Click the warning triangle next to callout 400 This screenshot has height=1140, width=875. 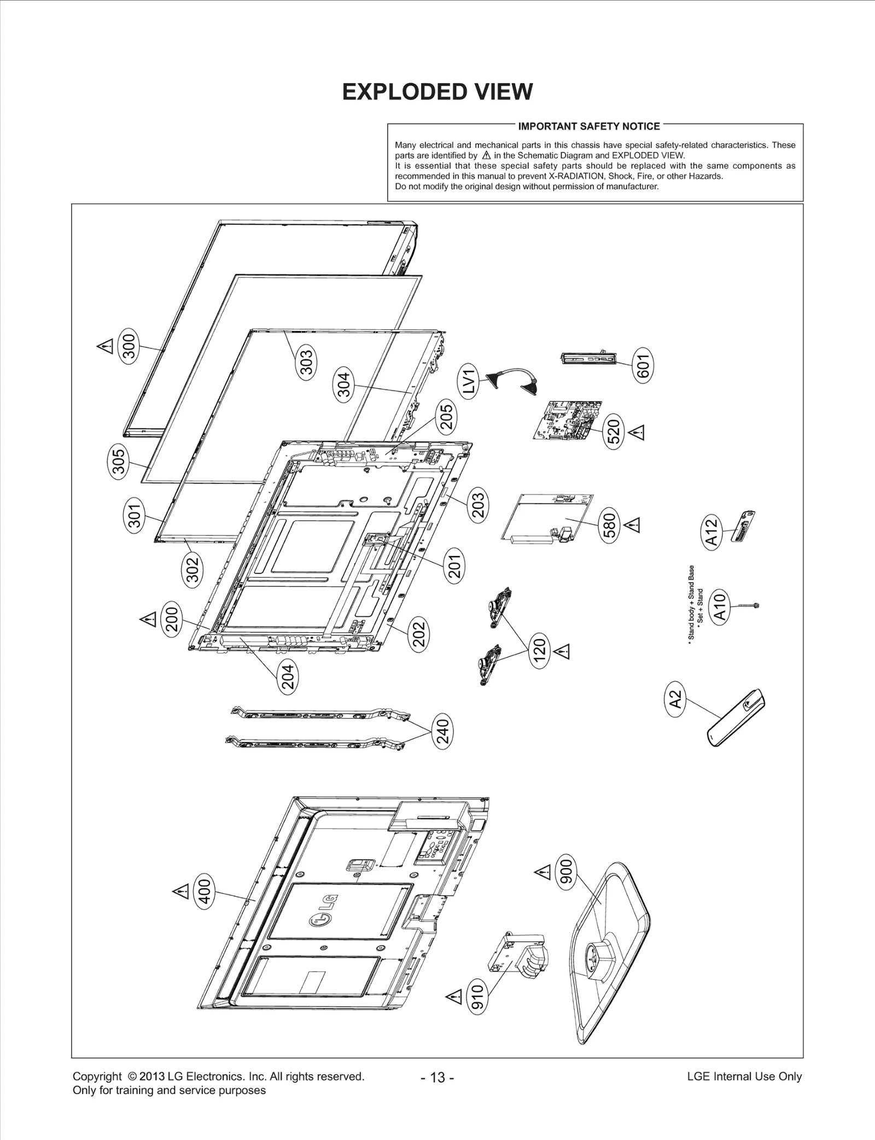click(180, 892)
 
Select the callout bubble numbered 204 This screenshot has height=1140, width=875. click(288, 676)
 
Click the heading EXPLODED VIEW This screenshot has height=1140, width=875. click(437, 92)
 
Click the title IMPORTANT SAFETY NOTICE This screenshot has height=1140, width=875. click(588, 126)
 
